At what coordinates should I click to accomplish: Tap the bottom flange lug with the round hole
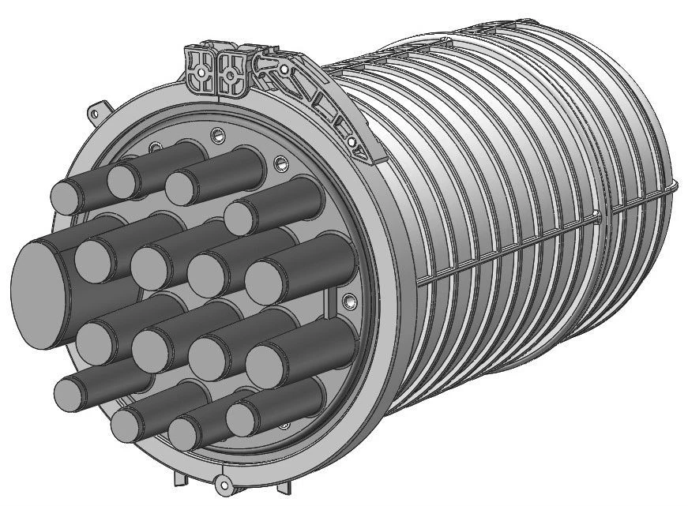click(x=224, y=484)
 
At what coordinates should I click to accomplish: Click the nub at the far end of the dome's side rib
click(x=674, y=187)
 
